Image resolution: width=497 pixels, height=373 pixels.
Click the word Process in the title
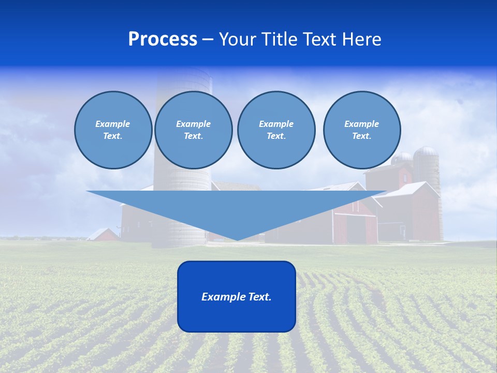163,39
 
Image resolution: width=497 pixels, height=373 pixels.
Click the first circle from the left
113,130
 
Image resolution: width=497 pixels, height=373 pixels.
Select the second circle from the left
193,130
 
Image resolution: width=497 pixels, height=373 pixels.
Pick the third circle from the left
276,130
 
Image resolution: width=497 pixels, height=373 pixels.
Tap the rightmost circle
361,130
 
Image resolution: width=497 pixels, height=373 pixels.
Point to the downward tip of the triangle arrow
237,239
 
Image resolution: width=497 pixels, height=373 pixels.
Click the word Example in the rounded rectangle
223,297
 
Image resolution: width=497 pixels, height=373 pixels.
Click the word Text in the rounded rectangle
259,297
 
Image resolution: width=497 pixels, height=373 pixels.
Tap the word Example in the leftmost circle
113,124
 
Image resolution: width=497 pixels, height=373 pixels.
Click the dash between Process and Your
208,39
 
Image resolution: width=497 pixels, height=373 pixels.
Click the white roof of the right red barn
409,189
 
